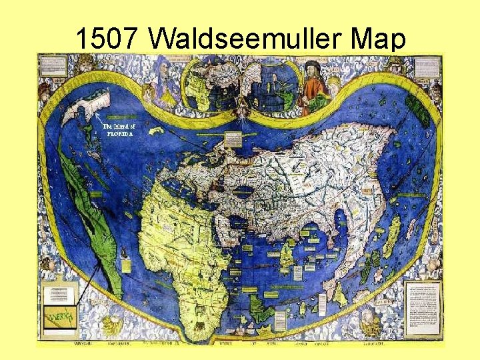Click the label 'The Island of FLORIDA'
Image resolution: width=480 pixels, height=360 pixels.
(x=119, y=129)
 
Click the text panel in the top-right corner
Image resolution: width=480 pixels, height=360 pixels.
(x=427, y=65)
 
